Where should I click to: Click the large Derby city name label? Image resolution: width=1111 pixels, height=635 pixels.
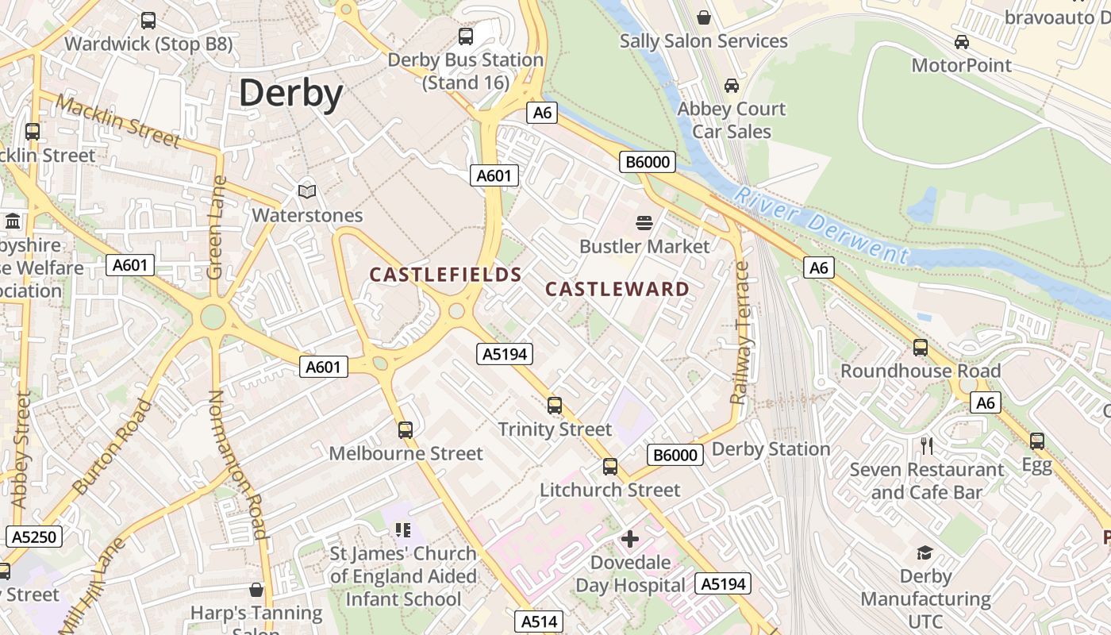click(x=290, y=94)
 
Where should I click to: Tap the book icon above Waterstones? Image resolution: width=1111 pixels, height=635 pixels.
click(x=307, y=191)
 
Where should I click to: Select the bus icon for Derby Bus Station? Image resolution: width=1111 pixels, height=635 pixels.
click(x=466, y=36)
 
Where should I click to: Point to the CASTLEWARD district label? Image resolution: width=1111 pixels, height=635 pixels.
click(x=617, y=289)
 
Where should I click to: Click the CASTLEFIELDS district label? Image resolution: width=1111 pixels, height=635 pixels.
click(x=445, y=275)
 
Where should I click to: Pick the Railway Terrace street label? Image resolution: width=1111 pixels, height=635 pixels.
click(x=742, y=333)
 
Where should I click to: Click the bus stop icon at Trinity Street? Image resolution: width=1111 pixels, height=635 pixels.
click(x=555, y=406)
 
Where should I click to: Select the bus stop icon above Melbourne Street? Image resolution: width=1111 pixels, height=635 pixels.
click(x=406, y=430)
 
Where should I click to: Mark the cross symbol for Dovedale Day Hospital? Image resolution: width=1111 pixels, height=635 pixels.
click(x=630, y=539)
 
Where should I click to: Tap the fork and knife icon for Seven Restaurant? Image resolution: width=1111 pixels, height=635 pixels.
click(x=926, y=445)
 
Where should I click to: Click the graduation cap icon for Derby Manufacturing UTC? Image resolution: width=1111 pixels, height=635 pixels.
click(x=925, y=552)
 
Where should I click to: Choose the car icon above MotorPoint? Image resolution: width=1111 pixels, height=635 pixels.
click(x=962, y=41)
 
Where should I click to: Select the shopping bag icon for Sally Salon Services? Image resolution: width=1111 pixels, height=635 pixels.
click(x=704, y=17)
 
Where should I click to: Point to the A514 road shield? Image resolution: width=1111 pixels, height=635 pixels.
click(x=539, y=622)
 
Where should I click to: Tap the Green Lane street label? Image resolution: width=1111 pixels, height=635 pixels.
click(x=217, y=227)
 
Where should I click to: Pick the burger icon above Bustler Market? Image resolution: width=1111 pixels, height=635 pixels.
click(x=644, y=222)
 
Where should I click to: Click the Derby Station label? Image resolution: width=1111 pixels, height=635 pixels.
click(x=771, y=449)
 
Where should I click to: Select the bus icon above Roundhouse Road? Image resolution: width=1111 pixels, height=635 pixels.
click(x=921, y=347)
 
